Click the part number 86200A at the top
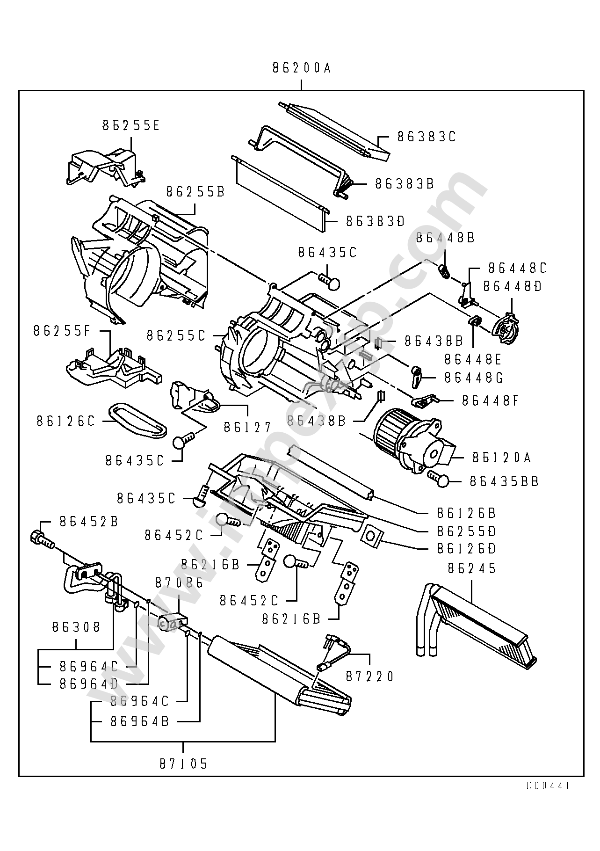coord(302,68)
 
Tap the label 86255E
coord(131,126)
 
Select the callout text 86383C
coord(427,137)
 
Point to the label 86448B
coord(445,238)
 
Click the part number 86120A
coord(502,457)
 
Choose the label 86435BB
coord(504,481)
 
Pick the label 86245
coord(472,568)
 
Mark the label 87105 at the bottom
coord(183,764)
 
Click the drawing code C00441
coord(548,786)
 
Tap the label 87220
coord(370,676)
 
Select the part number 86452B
coord(89,522)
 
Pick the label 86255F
coord(61,331)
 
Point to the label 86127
coord(247,428)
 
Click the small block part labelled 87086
coord(171,623)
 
